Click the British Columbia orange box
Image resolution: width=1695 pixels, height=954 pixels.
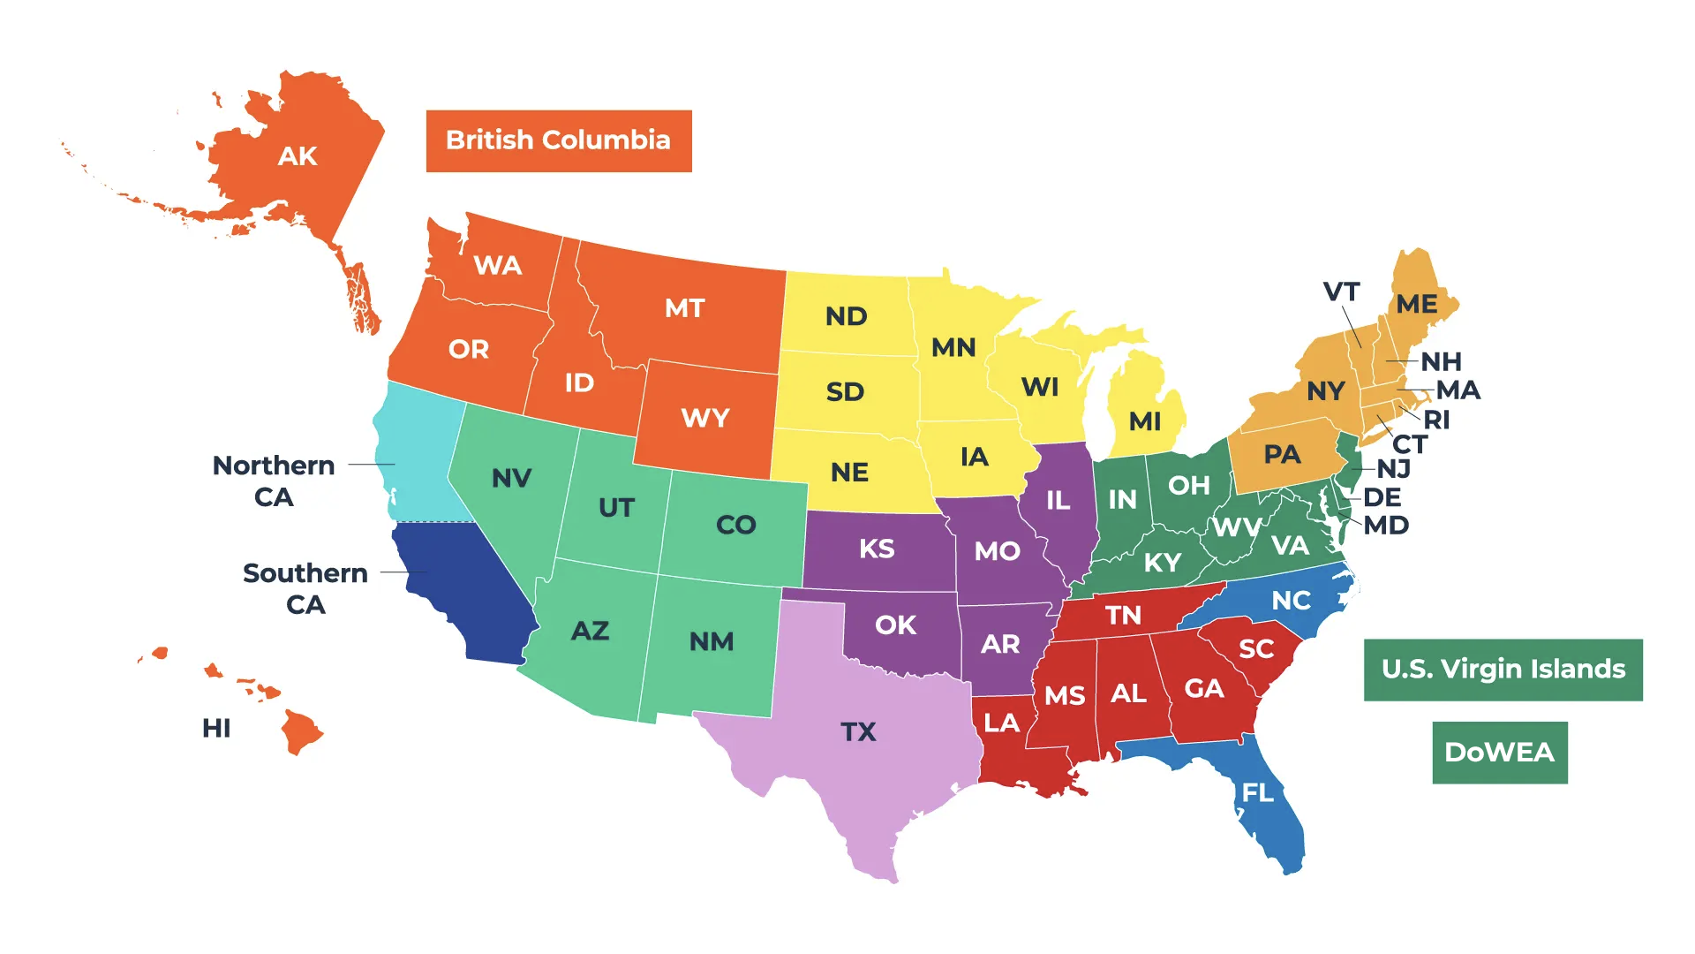click(558, 141)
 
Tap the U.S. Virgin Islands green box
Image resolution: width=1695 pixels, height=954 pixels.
click(1503, 670)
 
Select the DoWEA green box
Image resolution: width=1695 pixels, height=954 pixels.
click(1499, 753)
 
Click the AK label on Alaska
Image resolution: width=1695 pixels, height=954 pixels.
click(298, 156)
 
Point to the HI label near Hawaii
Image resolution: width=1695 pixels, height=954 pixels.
click(216, 728)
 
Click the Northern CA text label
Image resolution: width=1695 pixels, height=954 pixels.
click(274, 481)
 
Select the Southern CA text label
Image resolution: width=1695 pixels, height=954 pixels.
click(305, 588)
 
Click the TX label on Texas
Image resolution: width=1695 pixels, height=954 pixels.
click(858, 731)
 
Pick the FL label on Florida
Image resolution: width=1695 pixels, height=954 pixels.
click(1258, 792)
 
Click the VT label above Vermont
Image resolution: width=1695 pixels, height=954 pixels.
click(1341, 291)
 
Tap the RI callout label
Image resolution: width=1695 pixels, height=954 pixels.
click(1436, 420)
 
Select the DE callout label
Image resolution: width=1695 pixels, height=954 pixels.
click(1382, 497)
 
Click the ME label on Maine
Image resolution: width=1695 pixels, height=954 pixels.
click(1416, 304)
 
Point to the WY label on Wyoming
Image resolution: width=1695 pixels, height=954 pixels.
click(705, 417)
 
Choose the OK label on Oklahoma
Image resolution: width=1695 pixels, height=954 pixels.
click(895, 625)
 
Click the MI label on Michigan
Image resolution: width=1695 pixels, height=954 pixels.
click(1145, 420)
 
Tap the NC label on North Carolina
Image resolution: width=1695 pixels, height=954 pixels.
click(1291, 601)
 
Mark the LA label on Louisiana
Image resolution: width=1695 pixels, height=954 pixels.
click(1001, 723)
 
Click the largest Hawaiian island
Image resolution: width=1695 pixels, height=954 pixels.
click(300, 731)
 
